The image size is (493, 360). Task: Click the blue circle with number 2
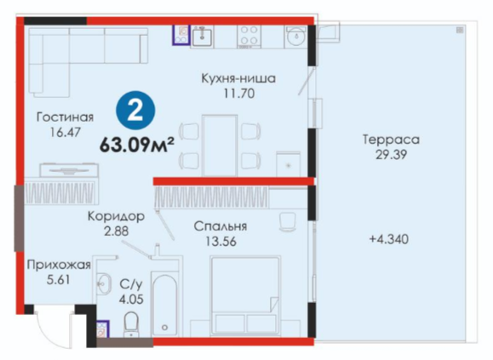135,111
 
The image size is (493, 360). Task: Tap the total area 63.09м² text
137,145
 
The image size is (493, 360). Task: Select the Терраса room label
391,140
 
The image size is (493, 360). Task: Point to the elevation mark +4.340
389,239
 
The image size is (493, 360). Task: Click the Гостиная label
65,117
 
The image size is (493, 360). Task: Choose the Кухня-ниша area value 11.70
239,94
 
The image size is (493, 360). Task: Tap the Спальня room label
221,226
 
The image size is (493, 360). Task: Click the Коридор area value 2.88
117,231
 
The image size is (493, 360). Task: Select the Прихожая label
59,265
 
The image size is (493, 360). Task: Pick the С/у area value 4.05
131,299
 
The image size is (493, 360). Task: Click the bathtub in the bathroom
164,305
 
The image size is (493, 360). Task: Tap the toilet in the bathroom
131,324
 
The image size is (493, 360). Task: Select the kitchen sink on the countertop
202,36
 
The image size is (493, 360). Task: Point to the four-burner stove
249,36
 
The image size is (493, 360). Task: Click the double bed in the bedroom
245,295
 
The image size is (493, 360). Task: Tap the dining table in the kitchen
220,146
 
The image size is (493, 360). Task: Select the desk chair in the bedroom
288,222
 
